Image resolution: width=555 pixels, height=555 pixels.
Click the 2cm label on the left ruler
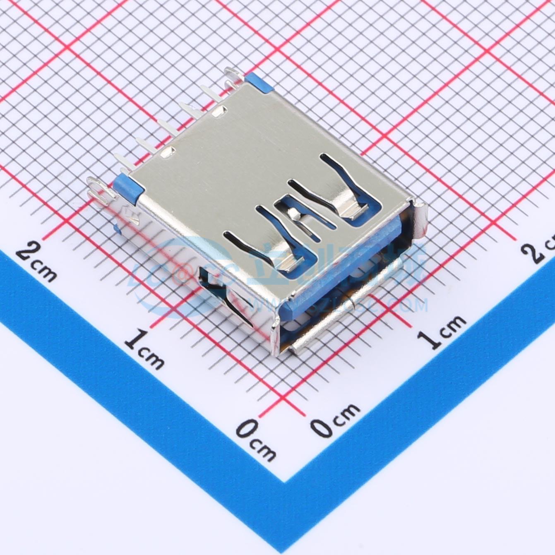coord(36,261)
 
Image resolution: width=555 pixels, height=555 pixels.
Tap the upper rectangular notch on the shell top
coord(219,111)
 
